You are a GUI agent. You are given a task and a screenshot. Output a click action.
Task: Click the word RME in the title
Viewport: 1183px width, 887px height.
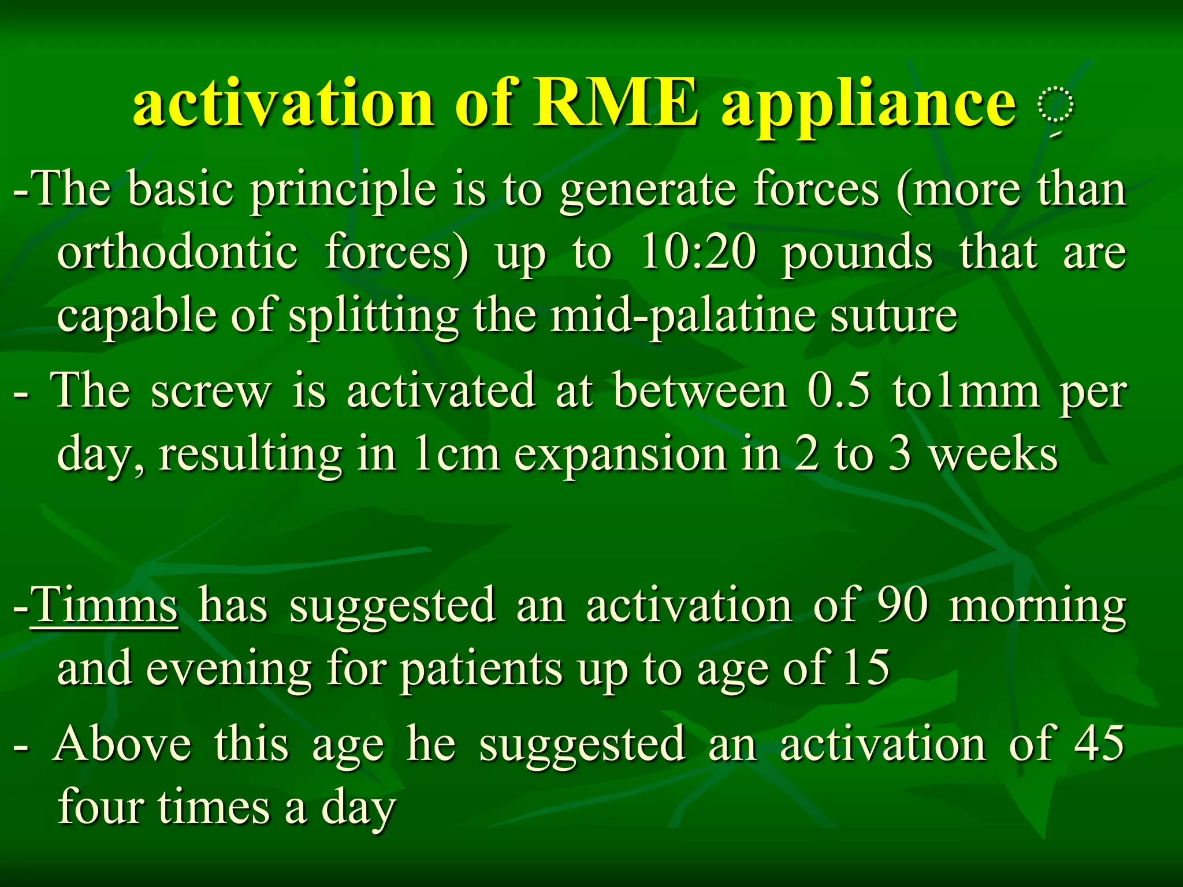point(615,103)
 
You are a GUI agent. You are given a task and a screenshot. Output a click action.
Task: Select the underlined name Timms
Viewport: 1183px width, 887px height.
point(104,606)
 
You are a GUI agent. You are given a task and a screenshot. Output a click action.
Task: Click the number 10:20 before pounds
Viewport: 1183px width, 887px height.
point(698,252)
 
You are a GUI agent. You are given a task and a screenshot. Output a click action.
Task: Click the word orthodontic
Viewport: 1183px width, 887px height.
point(178,252)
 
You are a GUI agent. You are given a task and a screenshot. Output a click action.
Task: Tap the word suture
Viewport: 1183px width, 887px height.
point(894,317)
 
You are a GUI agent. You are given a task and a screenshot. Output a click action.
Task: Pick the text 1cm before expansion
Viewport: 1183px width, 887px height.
point(457,454)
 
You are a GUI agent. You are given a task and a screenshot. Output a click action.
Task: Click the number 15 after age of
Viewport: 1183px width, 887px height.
point(866,668)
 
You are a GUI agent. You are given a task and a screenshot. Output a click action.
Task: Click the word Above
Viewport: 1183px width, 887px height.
point(122,744)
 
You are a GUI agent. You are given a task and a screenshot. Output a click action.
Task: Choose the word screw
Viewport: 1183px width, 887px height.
point(211,392)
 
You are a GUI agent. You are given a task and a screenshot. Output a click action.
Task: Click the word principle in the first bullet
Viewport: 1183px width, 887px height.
point(343,191)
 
